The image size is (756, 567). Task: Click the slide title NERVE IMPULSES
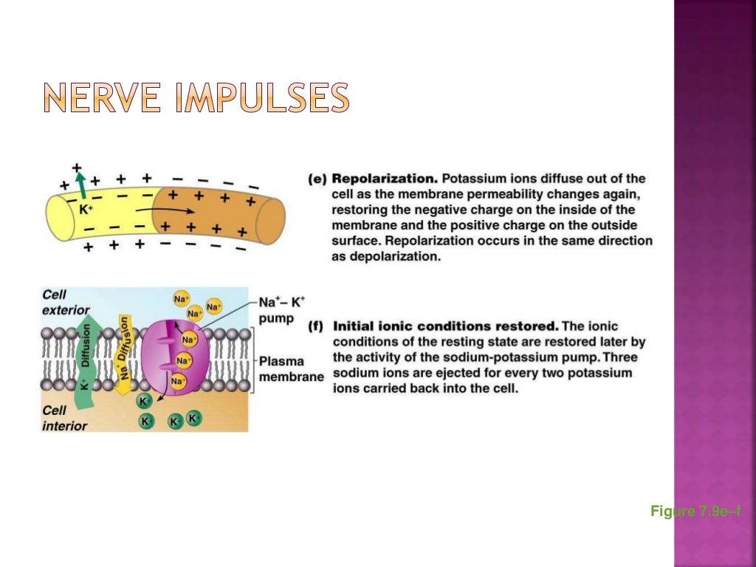point(195,99)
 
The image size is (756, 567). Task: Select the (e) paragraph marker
point(317,179)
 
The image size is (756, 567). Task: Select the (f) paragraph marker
point(317,326)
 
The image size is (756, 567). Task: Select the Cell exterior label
point(65,302)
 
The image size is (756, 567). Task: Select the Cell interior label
point(63,417)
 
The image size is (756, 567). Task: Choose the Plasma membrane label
point(291,369)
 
